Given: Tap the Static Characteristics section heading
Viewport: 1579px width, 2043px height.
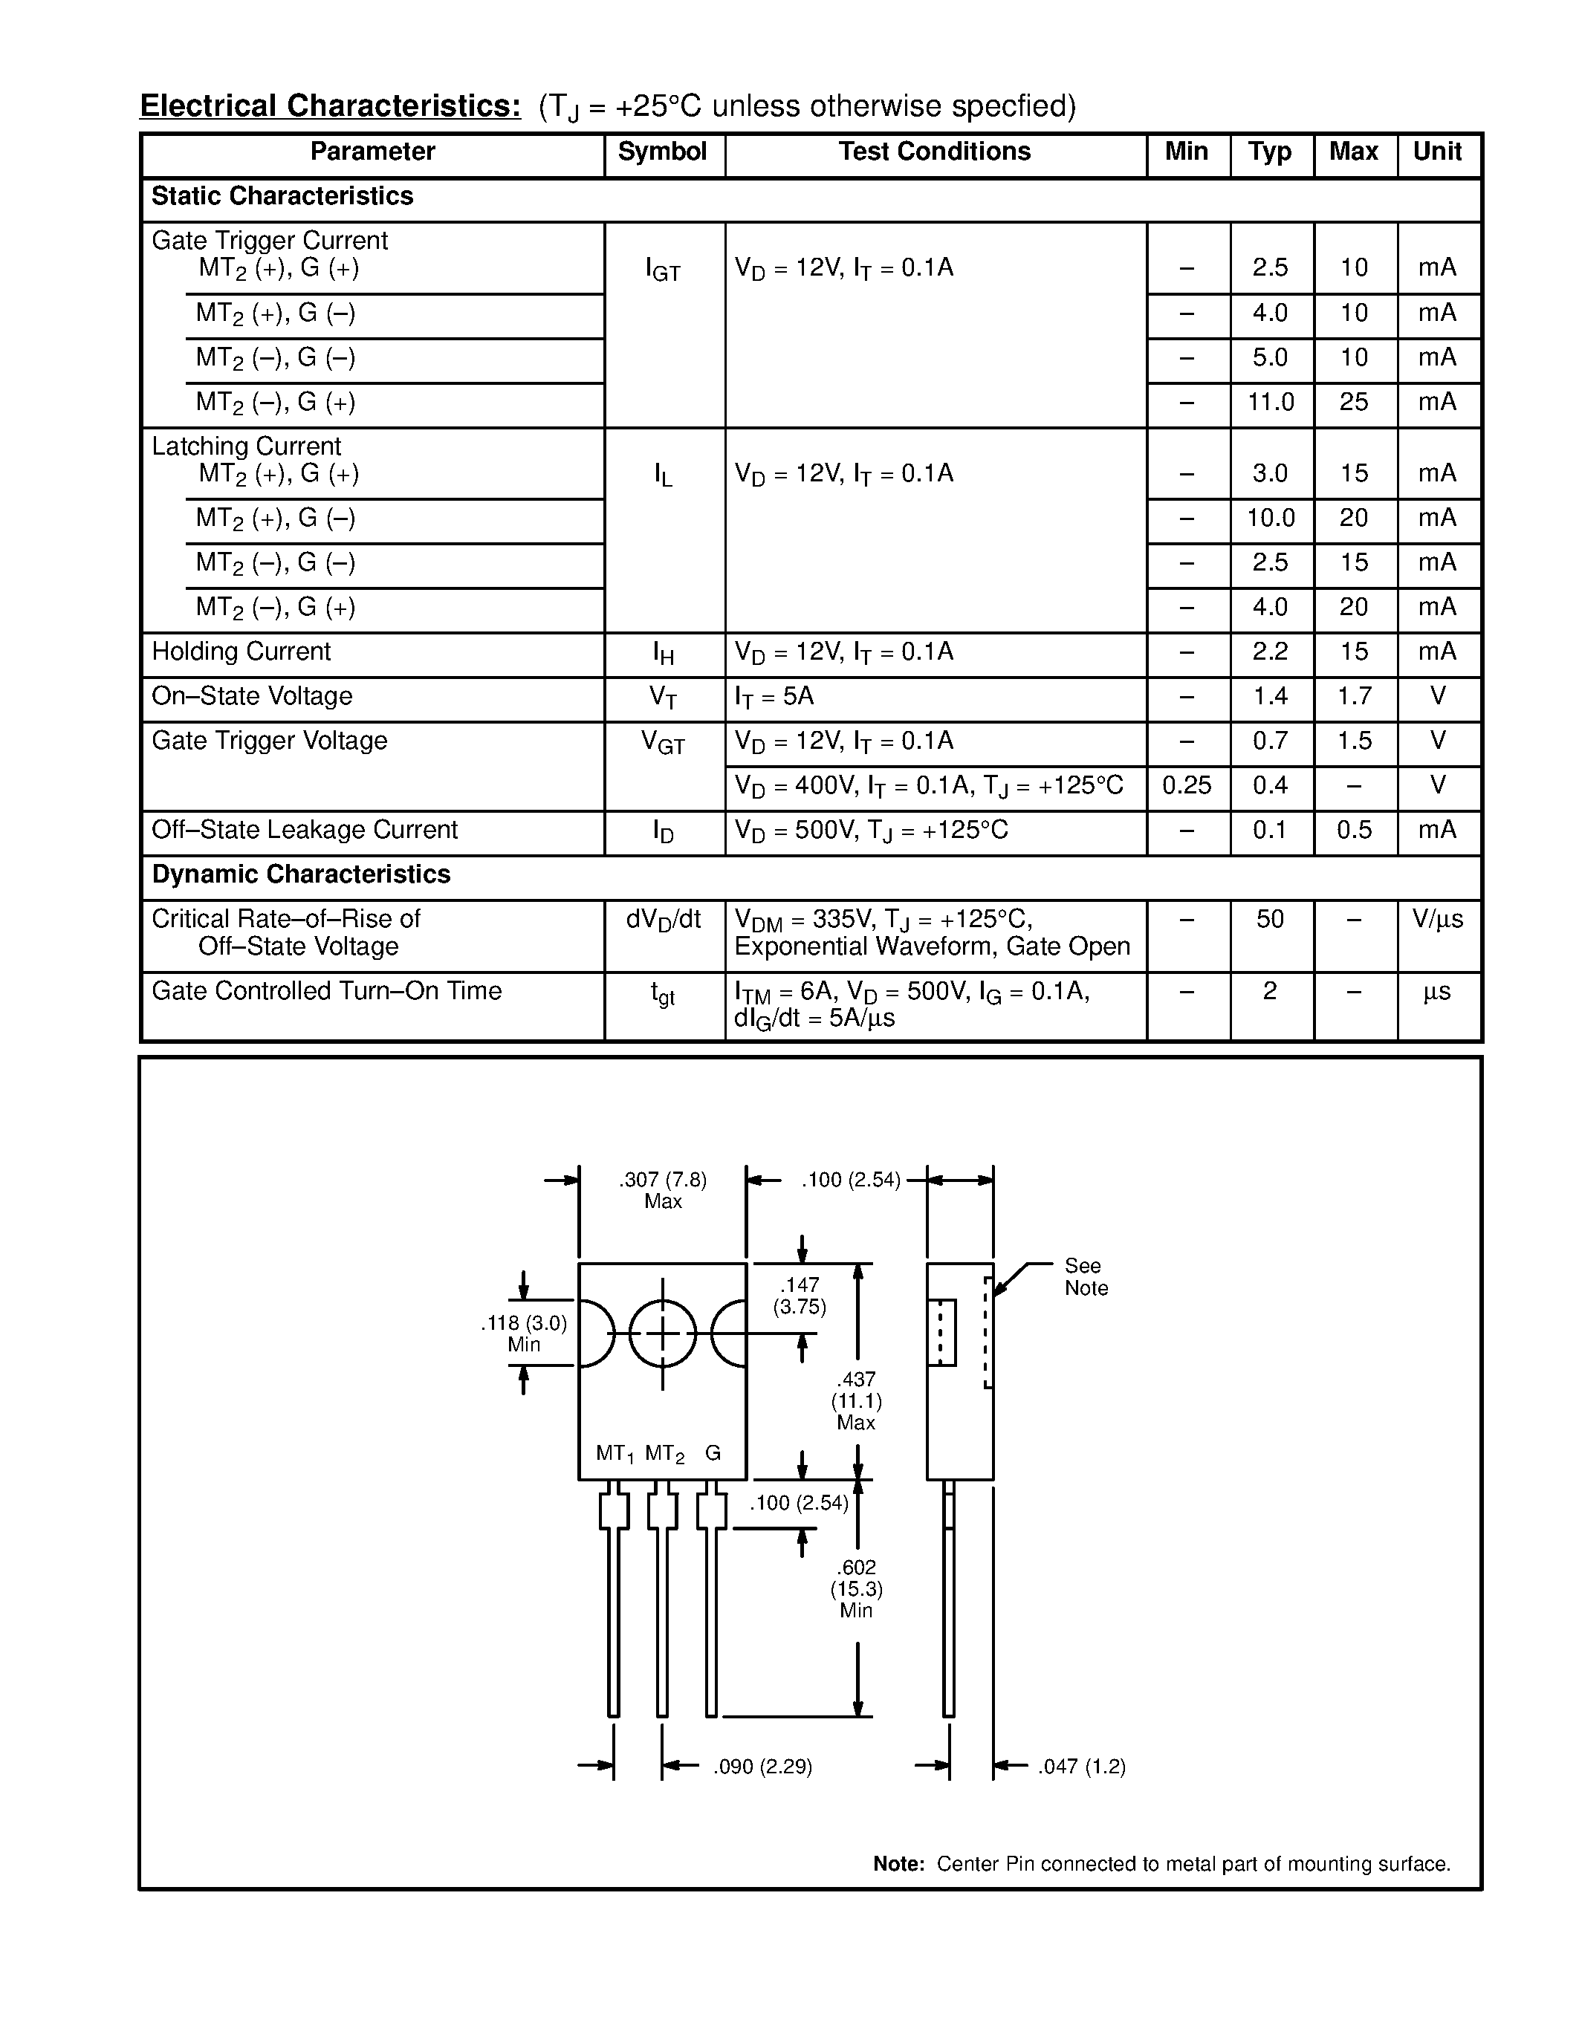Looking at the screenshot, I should coord(282,196).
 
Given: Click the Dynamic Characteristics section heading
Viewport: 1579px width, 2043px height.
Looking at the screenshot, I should coord(301,874).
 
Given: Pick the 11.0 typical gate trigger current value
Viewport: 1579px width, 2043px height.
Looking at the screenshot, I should coord(1271,402).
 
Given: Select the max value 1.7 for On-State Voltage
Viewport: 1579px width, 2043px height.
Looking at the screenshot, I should coord(1354,697).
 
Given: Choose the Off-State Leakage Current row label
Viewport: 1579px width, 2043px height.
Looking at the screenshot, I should coord(305,831).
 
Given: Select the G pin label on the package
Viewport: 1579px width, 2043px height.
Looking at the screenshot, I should coord(713,1452).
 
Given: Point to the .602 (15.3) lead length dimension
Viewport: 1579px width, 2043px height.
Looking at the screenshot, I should coord(856,1588).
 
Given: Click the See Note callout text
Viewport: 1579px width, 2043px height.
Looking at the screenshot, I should coord(1085,1277).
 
